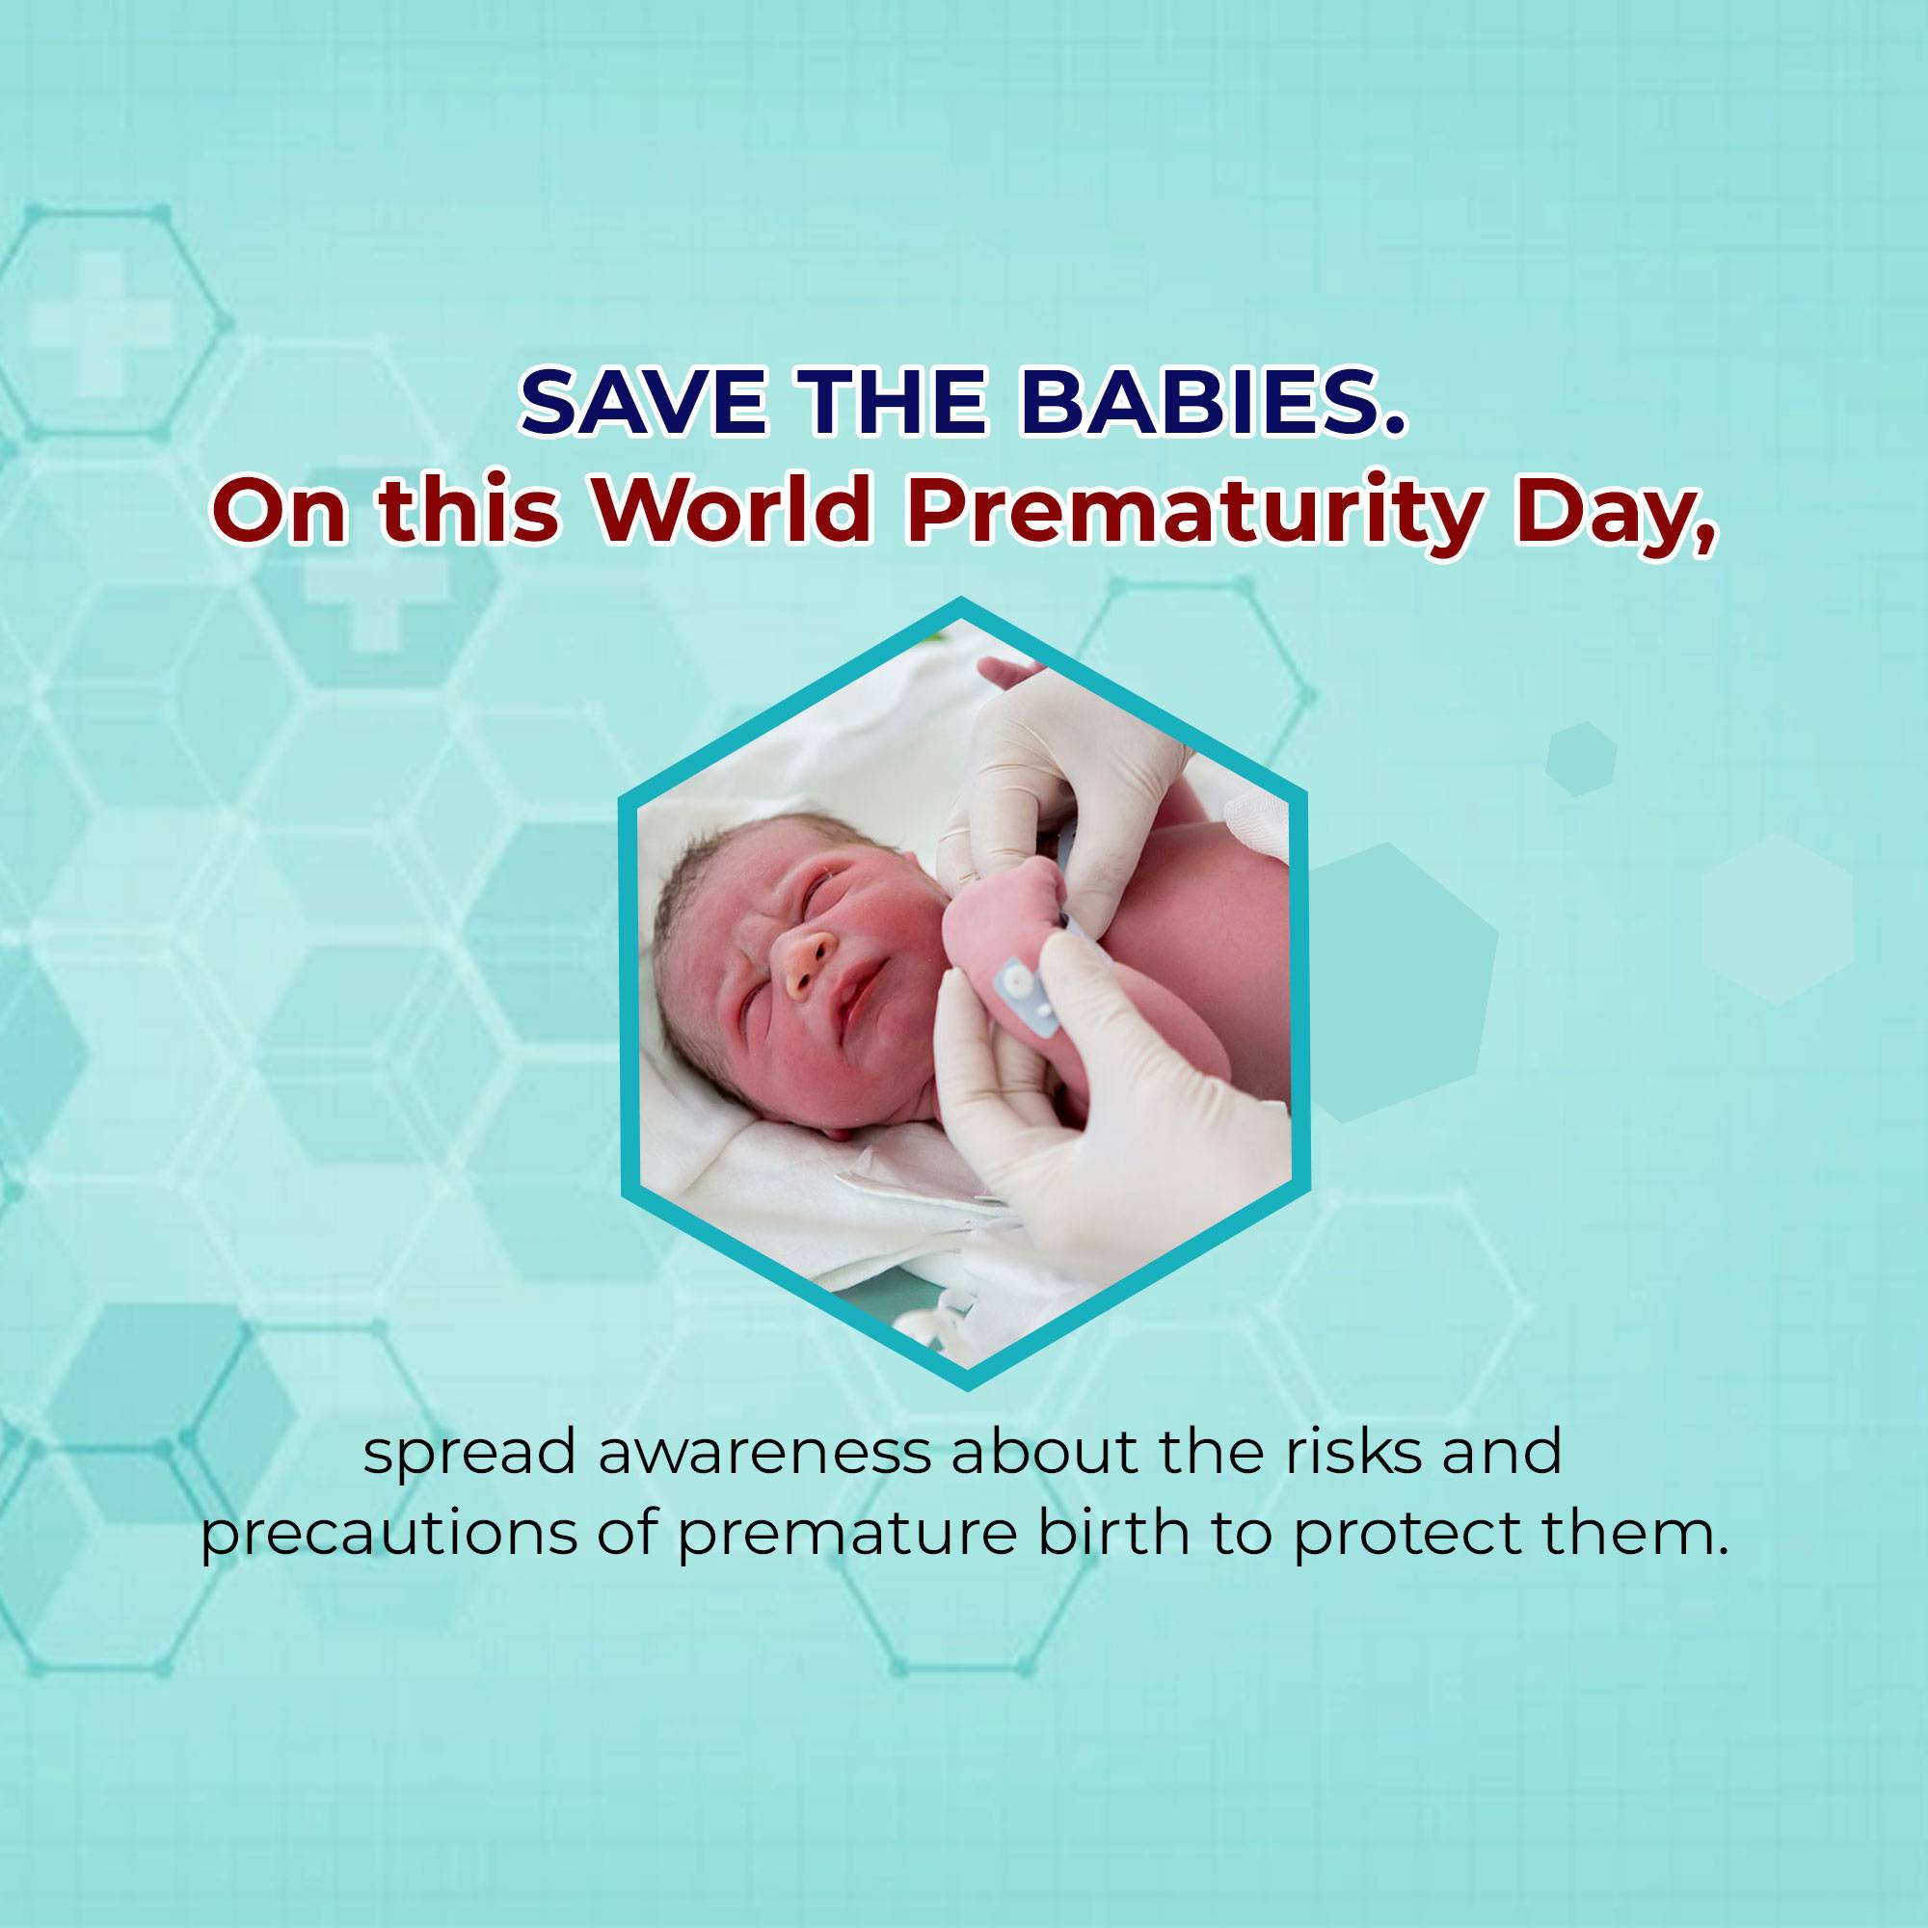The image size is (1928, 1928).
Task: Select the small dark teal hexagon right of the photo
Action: point(1582,758)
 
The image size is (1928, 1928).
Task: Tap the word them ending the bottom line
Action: point(1633,1563)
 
